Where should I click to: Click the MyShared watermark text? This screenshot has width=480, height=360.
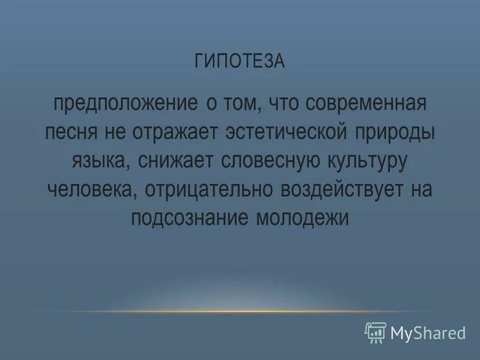click(x=428, y=332)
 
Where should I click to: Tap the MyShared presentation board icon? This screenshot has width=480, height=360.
click(x=376, y=332)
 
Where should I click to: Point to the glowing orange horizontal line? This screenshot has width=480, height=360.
click(x=240, y=311)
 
